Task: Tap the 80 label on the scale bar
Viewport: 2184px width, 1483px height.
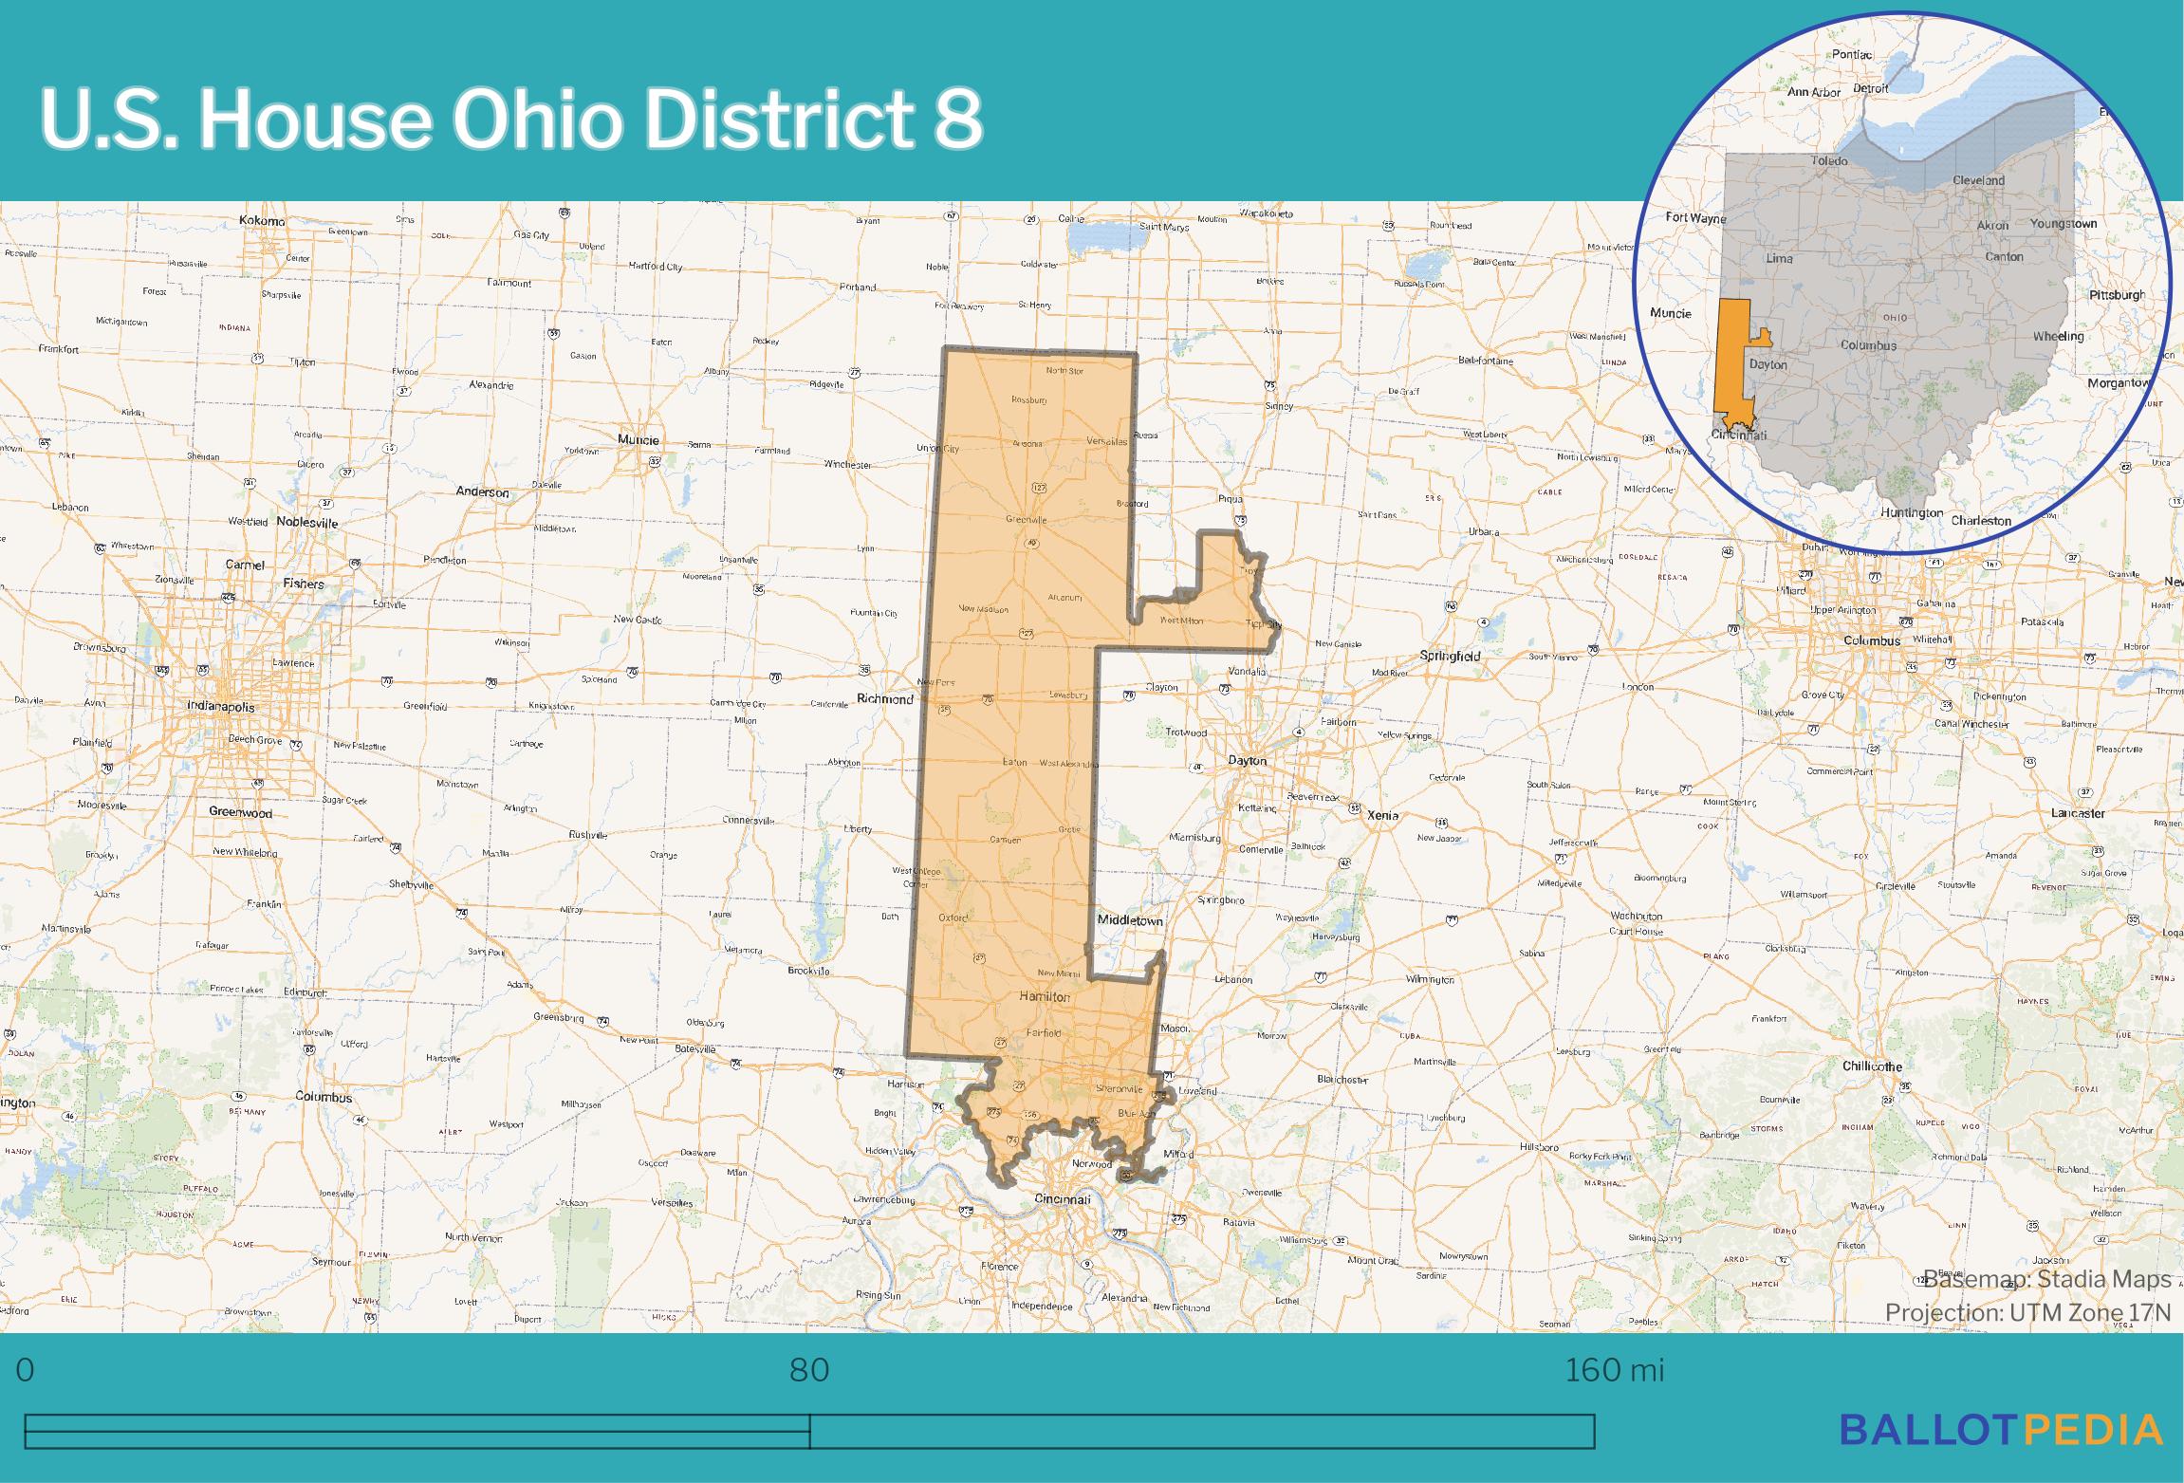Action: (x=809, y=1370)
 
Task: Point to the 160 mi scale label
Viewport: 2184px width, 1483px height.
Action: (x=1614, y=1370)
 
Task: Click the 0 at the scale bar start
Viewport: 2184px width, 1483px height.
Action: (x=26, y=1370)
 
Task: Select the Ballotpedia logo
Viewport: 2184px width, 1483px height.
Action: (x=2001, y=1430)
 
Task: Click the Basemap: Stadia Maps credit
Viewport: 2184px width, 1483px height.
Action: (x=2046, y=1279)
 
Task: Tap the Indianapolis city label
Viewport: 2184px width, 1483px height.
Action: (x=220, y=707)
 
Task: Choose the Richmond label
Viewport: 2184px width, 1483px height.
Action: (x=884, y=699)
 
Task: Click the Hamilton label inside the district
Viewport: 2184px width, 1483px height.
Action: (x=1045, y=997)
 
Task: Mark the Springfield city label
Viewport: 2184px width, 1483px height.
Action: (x=1450, y=656)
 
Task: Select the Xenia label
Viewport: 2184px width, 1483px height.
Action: (x=1382, y=815)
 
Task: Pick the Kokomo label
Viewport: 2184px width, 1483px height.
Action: (x=262, y=221)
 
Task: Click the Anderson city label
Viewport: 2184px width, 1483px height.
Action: (x=482, y=492)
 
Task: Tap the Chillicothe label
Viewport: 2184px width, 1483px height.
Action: (x=1872, y=1066)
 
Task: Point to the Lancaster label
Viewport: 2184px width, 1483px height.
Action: (x=2078, y=813)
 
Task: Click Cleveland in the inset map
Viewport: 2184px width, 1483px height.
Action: (x=1978, y=180)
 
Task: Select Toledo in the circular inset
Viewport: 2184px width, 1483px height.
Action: (x=1829, y=161)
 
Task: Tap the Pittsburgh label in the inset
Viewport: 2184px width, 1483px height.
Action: (x=2117, y=295)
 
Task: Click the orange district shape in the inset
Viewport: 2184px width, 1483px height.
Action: (x=1731, y=361)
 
